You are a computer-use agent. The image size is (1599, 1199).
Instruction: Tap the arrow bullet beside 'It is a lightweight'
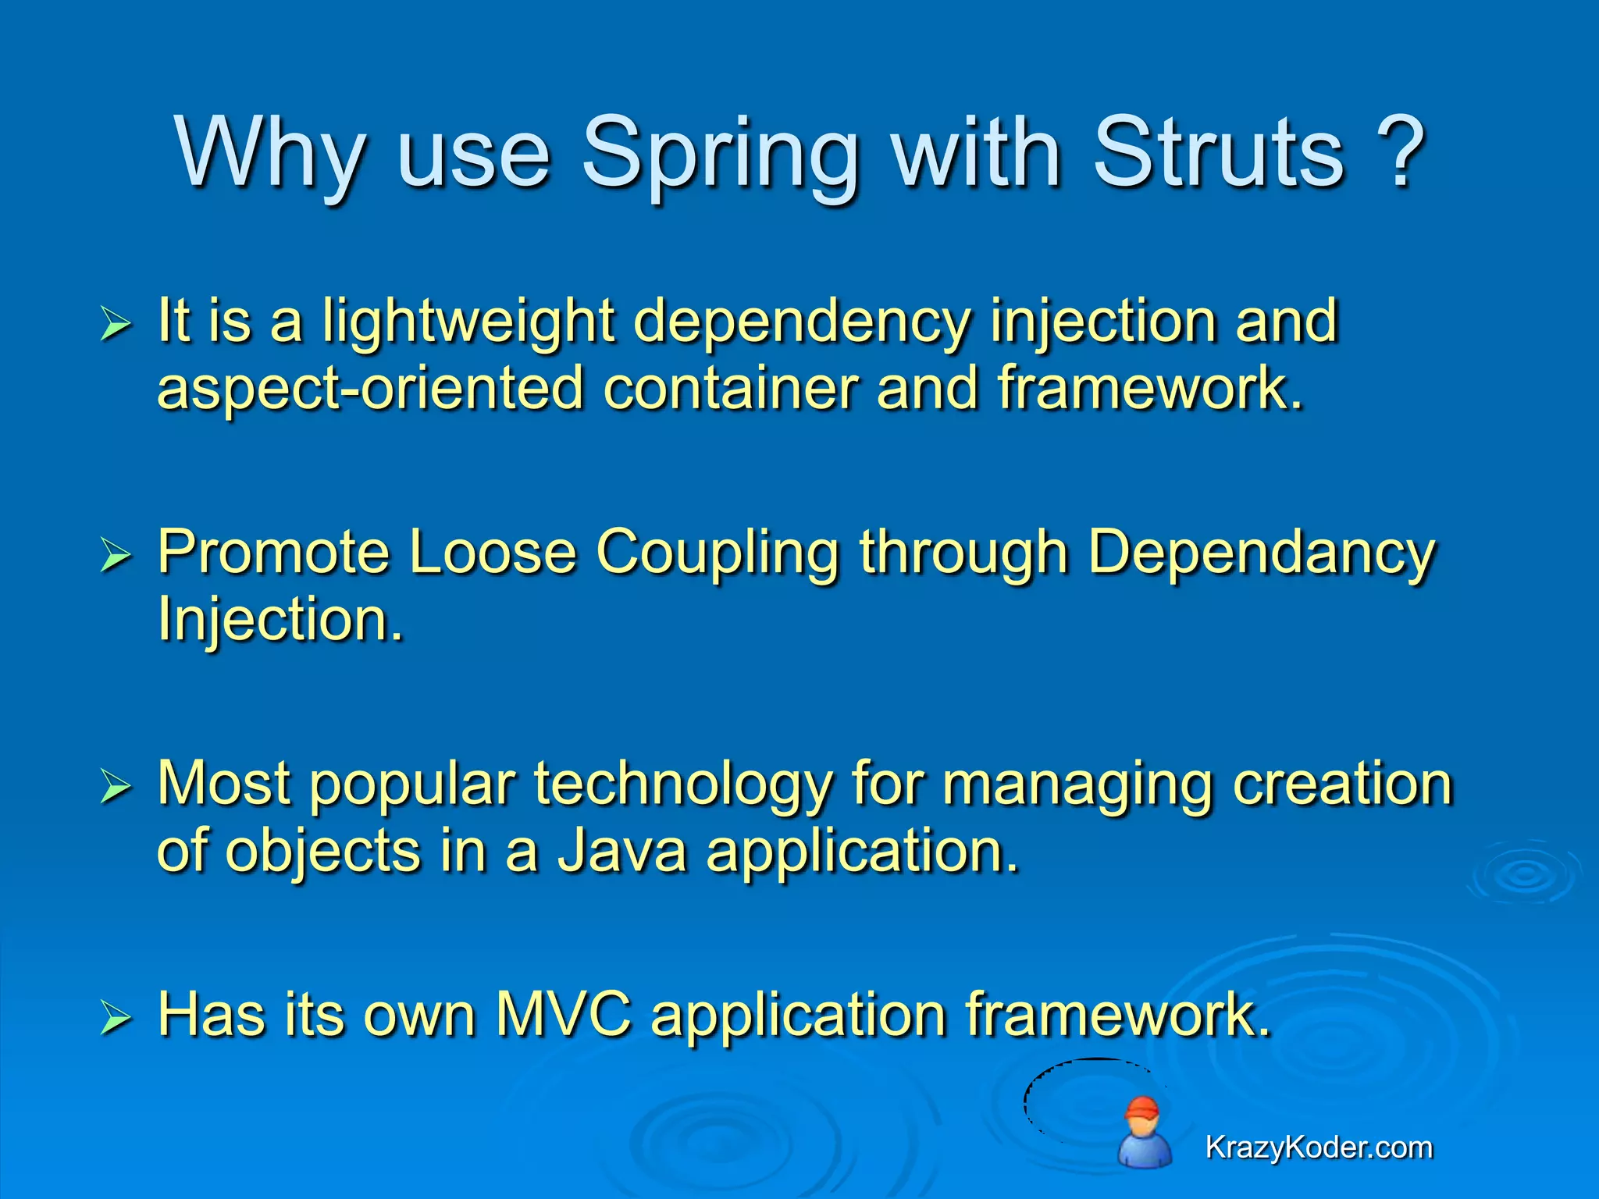point(116,324)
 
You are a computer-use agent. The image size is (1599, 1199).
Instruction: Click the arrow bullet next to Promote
point(116,556)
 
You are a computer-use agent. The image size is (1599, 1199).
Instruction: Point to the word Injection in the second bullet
point(280,618)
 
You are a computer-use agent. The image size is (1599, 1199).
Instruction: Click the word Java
point(621,851)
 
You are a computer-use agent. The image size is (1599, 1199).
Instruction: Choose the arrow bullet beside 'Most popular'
point(116,787)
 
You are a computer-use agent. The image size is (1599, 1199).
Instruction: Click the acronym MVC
point(563,1015)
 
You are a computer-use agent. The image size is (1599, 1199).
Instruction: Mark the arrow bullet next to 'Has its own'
point(116,1018)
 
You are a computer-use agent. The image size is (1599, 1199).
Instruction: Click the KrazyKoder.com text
point(1318,1147)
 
